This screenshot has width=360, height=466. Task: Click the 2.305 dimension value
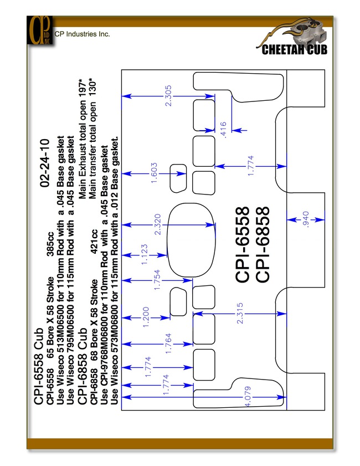tap(168, 96)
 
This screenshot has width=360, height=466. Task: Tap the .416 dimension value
tap(223, 130)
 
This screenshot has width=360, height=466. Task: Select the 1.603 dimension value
tap(154, 173)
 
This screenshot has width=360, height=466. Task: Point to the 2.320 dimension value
tap(158, 224)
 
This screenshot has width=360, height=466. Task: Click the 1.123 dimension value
tap(144, 255)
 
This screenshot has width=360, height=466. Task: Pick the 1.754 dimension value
tap(157, 280)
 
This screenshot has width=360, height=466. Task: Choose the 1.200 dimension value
tap(146, 318)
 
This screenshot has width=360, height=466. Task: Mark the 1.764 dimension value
tap(168, 344)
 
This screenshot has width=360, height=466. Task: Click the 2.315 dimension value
tap(240, 313)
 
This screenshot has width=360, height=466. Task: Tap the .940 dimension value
tap(306, 219)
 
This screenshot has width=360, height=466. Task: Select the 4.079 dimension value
tap(248, 396)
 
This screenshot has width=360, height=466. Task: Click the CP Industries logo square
tap(40, 30)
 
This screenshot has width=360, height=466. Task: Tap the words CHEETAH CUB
tap(294, 50)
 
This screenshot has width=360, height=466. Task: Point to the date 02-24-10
tap(45, 163)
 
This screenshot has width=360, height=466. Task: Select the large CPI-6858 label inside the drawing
tap(263, 244)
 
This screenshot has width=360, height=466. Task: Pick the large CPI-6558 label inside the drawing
tap(243, 244)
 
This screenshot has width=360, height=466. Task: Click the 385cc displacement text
tap(50, 244)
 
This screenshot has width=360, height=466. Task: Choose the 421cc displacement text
tap(94, 242)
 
